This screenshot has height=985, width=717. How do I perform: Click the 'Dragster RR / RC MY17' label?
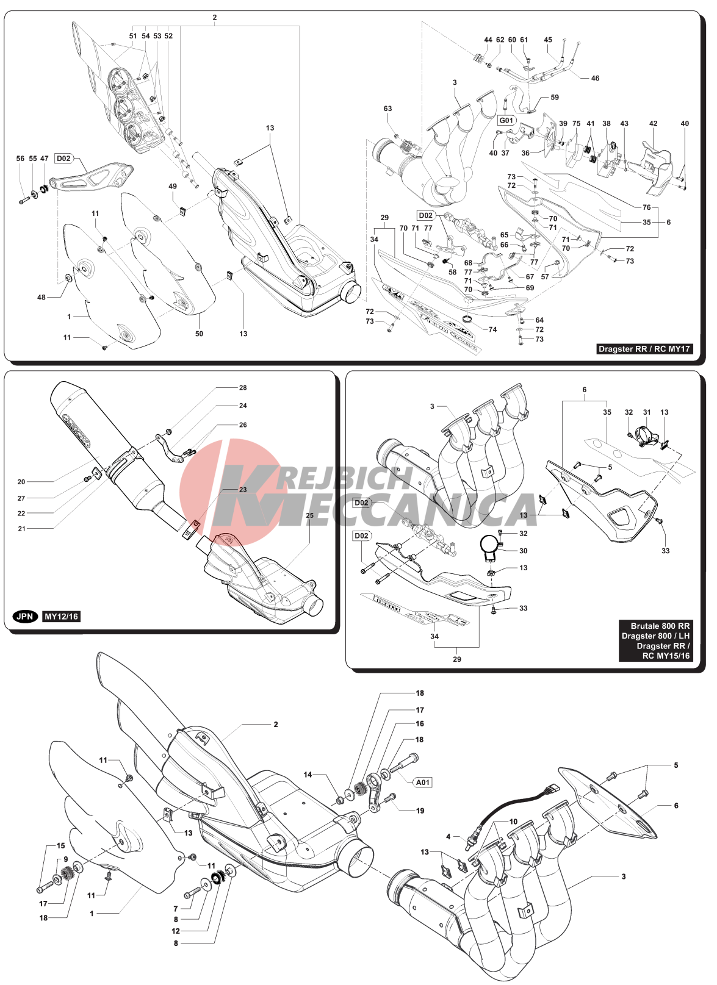(x=644, y=349)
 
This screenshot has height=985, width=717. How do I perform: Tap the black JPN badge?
(x=25, y=617)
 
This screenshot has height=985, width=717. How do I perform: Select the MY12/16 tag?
(x=61, y=617)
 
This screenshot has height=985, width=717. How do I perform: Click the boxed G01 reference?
(x=506, y=120)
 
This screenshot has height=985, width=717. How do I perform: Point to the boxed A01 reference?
(x=422, y=782)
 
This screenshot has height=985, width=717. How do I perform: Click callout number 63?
(x=387, y=109)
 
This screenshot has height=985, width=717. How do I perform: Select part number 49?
(x=173, y=187)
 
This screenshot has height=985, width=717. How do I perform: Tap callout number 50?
(x=199, y=334)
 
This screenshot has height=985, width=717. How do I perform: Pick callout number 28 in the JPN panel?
(x=243, y=387)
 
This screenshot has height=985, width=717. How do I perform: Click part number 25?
(x=309, y=515)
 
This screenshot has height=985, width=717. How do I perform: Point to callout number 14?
(x=308, y=775)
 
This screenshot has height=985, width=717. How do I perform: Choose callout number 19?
(x=420, y=811)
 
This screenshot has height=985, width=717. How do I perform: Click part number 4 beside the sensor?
(x=448, y=837)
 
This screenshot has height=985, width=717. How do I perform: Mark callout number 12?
(x=176, y=931)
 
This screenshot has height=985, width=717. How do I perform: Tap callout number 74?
(x=492, y=329)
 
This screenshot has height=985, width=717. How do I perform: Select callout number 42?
(x=654, y=123)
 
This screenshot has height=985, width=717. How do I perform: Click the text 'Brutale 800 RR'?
(x=660, y=626)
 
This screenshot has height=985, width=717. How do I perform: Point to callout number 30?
(x=523, y=550)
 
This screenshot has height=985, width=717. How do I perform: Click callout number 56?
(x=20, y=159)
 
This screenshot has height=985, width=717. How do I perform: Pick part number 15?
(x=60, y=845)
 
